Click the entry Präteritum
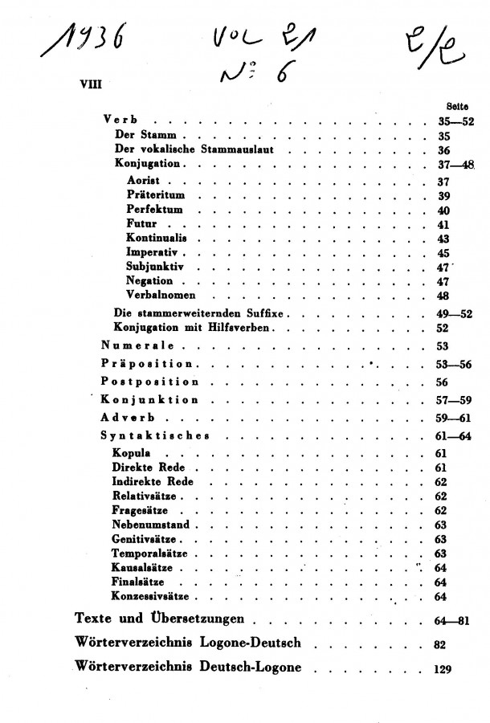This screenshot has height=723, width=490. coord(155,195)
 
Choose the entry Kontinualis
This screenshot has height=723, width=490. coord(156,239)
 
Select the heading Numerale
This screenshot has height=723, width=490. coord(138,346)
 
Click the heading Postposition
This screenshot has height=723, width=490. coord(149,382)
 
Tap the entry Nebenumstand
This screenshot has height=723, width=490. coord(150,525)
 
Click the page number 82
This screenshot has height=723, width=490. coord(439,644)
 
